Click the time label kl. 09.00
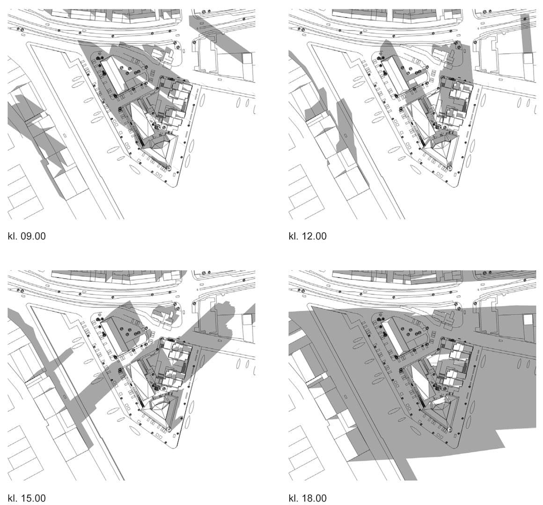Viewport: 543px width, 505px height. [x=26, y=236]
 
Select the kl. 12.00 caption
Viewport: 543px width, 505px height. [x=308, y=236]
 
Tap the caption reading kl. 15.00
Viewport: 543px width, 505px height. [x=26, y=498]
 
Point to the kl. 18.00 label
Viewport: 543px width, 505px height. [x=308, y=498]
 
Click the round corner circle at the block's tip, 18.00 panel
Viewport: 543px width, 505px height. [x=449, y=429]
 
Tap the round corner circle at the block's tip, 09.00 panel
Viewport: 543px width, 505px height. [x=169, y=168]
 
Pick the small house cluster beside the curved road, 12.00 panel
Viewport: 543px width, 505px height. [x=443, y=55]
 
